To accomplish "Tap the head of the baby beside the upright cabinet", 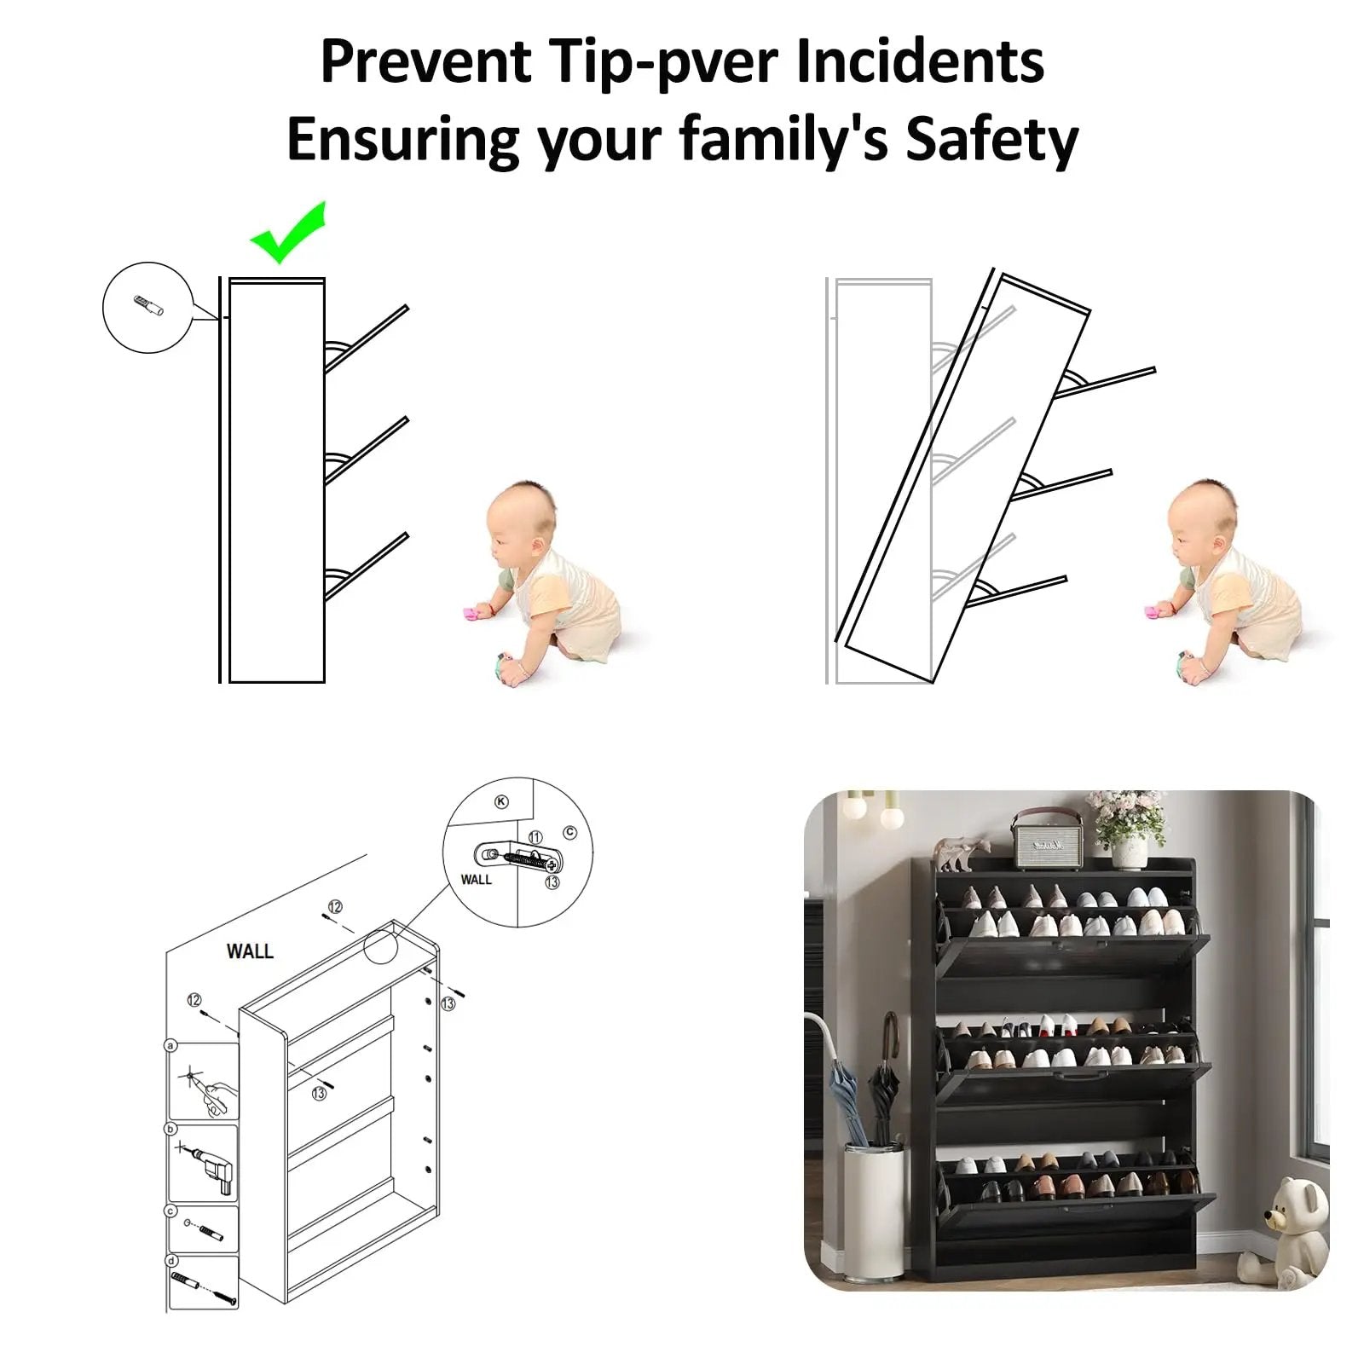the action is click(521, 521).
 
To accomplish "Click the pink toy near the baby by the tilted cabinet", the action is click(1155, 610).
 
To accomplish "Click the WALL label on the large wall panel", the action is click(250, 951).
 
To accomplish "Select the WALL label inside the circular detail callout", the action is click(476, 880).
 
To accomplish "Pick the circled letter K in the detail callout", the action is click(501, 801).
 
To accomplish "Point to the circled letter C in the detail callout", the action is click(569, 833).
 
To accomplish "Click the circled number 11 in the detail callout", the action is click(535, 837).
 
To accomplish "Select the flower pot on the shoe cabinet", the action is click(1130, 851).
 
